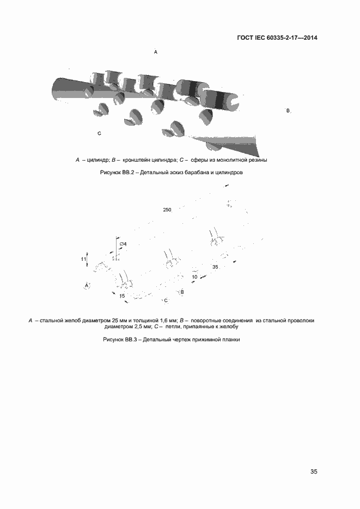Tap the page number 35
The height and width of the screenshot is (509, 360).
click(x=313, y=471)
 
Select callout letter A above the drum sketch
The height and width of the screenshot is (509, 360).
click(x=156, y=52)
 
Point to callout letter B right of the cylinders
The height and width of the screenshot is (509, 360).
click(x=288, y=111)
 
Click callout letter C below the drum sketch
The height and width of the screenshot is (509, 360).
click(x=99, y=133)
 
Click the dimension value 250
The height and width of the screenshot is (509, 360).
click(x=167, y=210)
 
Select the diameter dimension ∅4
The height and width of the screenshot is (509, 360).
click(x=123, y=244)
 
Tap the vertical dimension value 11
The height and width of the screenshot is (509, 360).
click(x=83, y=259)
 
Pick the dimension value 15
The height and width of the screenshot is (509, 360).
click(x=122, y=296)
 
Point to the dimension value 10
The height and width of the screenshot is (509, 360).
click(x=194, y=277)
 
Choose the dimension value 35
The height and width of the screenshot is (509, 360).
click(x=215, y=267)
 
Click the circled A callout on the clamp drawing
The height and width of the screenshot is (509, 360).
click(x=87, y=285)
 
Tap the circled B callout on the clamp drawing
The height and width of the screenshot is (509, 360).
click(x=182, y=292)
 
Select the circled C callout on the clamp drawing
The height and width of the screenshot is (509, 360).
click(x=166, y=301)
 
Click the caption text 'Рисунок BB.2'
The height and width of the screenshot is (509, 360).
click(x=117, y=173)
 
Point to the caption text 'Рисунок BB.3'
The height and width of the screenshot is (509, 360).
click(x=121, y=340)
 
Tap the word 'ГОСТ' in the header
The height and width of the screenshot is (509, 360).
click(x=246, y=38)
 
